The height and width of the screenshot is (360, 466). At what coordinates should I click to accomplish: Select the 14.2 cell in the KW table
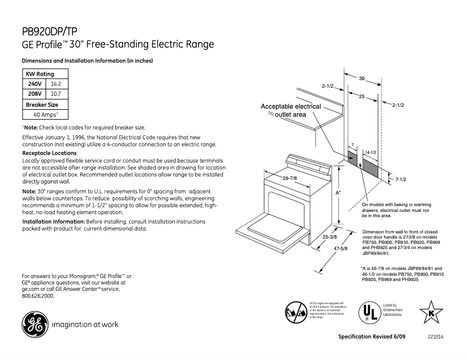[56, 84]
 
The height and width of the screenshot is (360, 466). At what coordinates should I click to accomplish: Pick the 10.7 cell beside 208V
[56, 93]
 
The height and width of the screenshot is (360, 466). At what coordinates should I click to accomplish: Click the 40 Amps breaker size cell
[45, 114]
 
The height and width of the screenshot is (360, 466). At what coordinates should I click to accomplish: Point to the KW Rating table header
[40, 74]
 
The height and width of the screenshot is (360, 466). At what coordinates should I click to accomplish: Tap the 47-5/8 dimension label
[340, 249]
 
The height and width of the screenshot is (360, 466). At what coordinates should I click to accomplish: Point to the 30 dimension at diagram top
[361, 78]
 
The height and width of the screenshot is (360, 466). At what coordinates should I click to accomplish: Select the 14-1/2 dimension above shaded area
[370, 152]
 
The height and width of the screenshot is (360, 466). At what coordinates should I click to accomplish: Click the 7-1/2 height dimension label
[400, 179]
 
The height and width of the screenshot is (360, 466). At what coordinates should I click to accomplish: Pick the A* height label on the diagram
[338, 192]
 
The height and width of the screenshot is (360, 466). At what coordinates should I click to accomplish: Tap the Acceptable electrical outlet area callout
[291, 111]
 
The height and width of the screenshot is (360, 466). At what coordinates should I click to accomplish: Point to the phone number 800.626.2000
[38, 296]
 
